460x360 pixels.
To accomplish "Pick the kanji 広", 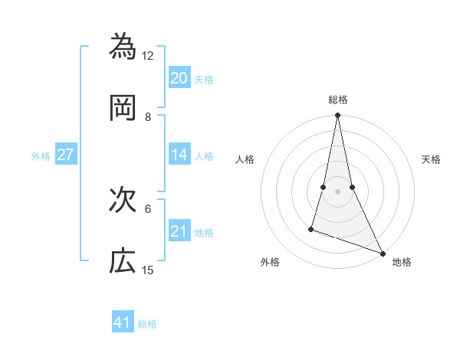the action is [123, 260].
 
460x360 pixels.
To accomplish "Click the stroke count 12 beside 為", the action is [148, 56].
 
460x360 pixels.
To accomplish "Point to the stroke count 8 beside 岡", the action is [148, 117].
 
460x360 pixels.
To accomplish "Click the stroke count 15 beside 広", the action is [148, 270].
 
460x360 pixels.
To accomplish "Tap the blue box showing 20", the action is [179, 78].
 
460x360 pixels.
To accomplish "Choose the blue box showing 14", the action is [179, 155].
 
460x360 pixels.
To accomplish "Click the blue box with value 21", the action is [179, 231].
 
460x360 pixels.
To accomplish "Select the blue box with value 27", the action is [66, 155].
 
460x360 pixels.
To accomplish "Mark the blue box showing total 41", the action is [123, 322].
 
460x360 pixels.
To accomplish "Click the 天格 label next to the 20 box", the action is [204, 80].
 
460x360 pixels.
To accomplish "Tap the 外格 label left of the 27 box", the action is [41, 156].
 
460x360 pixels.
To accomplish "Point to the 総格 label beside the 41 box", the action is [147, 324].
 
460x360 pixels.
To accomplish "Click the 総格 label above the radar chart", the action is [337, 100].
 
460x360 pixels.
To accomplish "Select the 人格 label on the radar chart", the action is [245, 159].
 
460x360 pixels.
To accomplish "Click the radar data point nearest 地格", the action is [382, 254].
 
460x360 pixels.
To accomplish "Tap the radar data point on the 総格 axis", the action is [337, 116].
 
